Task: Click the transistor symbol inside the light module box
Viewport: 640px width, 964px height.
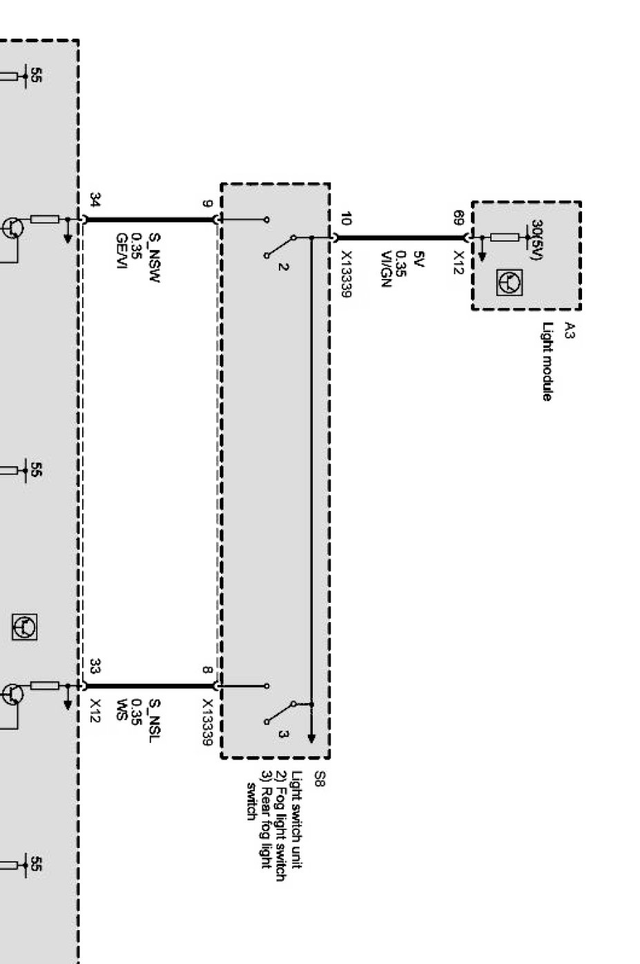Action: (510, 281)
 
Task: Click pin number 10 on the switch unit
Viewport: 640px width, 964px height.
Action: (346, 219)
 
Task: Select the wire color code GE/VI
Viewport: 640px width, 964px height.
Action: (121, 251)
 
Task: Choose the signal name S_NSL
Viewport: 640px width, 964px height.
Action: (155, 720)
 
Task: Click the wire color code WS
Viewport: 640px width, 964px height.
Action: (121, 710)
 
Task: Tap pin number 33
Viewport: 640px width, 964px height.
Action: (95, 666)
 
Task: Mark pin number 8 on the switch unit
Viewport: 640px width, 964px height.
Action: (207, 669)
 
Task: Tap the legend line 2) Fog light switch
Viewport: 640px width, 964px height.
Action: (280, 826)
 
